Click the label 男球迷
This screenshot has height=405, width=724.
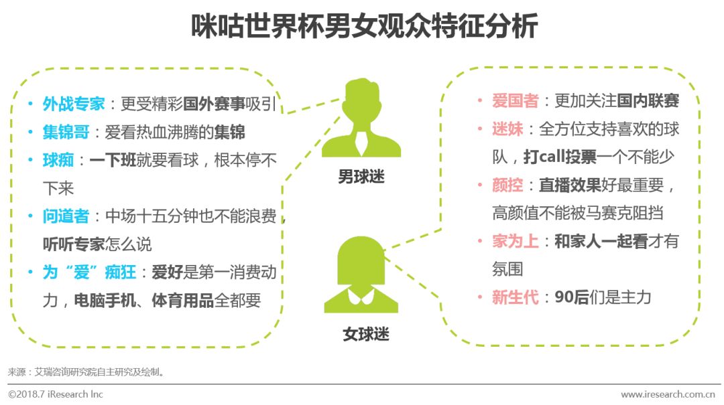coord(361,177)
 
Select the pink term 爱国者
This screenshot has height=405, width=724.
coord(515,101)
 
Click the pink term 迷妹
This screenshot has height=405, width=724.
coord(507,129)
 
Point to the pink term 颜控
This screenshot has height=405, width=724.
coord(507,185)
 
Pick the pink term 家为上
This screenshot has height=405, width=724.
coord(515,241)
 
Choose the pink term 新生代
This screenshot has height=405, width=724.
coord(515,297)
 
